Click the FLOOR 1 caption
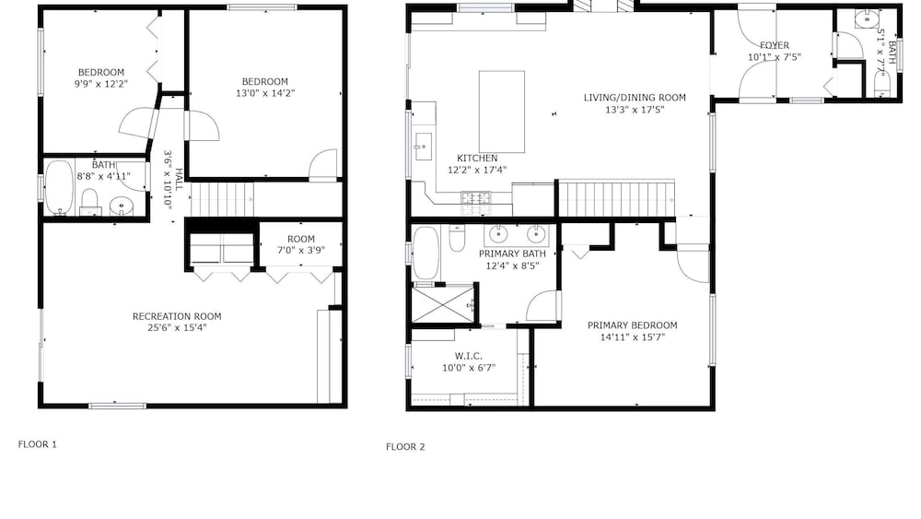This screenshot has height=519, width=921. pyautogui.click(x=38, y=444)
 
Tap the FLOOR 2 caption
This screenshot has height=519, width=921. pyautogui.click(x=405, y=447)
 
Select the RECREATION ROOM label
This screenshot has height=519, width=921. pyautogui.click(x=177, y=316)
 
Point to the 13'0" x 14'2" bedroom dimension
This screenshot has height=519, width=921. pyautogui.click(x=265, y=93)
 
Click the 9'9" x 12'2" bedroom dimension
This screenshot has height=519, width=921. pyautogui.click(x=101, y=84)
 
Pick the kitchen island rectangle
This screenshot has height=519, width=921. pyautogui.click(x=502, y=112)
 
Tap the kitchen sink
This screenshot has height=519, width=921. pyautogui.click(x=423, y=147)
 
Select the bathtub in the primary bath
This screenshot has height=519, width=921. pyautogui.click(x=426, y=254)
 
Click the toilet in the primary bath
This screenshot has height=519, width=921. pyautogui.click(x=457, y=238)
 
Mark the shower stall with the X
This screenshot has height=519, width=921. pyautogui.click(x=442, y=303)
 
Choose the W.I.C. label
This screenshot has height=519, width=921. pyautogui.click(x=469, y=356)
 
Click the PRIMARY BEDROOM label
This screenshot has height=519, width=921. pyautogui.click(x=632, y=325)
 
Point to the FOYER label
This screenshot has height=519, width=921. pyautogui.click(x=775, y=45)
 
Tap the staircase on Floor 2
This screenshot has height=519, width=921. pyautogui.click(x=615, y=199)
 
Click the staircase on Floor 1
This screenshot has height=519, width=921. pyautogui.click(x=223, y=200)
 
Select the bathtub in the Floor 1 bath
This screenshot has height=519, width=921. pyautogui.click(x=59, y=187)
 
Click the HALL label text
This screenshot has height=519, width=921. pyautogui.click(x=179, y=180)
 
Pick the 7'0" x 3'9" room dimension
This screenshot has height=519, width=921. pyautogui.click(x=301, y=250)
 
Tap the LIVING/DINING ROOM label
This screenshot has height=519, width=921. pyautogui.click(x=635, y=98)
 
